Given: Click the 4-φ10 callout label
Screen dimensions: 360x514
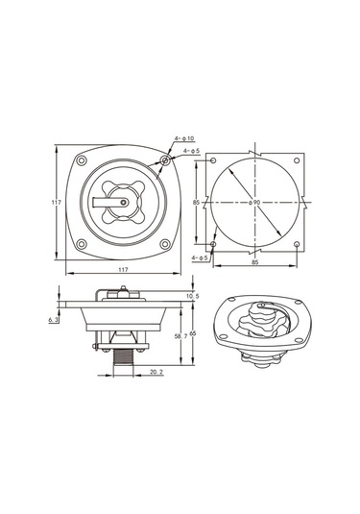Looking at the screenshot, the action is click(184, 138).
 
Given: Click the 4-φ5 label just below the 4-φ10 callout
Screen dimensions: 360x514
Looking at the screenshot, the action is click(191, 151).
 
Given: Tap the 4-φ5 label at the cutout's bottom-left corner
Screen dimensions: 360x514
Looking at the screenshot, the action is click(200, 258).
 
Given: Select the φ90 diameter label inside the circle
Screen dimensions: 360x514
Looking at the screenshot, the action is click(254, 203).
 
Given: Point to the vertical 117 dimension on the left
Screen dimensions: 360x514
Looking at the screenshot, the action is click(57, 203).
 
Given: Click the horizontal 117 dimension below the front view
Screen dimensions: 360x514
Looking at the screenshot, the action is click(123, 269).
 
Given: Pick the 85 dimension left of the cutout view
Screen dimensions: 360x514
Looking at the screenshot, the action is click(196, 203).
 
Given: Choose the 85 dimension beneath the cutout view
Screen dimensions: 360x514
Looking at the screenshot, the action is click(254, 262).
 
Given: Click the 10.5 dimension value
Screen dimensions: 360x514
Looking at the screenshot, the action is click(193, 296).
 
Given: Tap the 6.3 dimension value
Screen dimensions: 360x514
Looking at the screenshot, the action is click(54, 319).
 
